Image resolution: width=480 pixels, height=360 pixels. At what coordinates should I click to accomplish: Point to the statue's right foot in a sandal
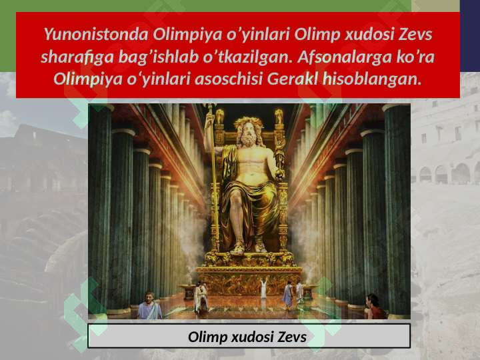coord(238,248)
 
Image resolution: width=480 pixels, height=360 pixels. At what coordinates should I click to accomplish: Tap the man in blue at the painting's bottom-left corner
coord(149,308)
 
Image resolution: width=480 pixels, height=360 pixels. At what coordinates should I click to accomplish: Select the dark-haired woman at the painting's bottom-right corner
coord(374,308)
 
